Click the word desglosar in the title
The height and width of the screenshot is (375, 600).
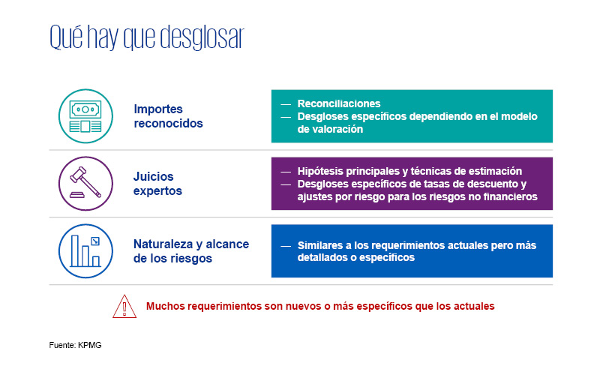(202, 37)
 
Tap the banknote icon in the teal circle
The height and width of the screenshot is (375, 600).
(85, 116)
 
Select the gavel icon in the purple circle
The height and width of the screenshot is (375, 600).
(85, 182)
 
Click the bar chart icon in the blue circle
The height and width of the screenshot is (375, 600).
(85, 251)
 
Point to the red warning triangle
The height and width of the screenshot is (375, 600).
(124, 306)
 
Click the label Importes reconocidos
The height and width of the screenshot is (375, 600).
(168, 116)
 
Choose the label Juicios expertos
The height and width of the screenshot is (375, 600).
(157, 184)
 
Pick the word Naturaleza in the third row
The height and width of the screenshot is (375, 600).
(163, 244)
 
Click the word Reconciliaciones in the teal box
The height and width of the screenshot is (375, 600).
(339, 103)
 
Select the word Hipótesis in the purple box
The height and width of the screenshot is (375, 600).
(320, 172)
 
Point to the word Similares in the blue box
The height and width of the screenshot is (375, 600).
(321, 245)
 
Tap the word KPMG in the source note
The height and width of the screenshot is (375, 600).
(90, 345)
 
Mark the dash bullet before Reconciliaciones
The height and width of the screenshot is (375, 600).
(286, 104)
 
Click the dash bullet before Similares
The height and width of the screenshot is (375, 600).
(286, 246)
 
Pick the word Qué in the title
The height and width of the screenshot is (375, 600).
(66, 37)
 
